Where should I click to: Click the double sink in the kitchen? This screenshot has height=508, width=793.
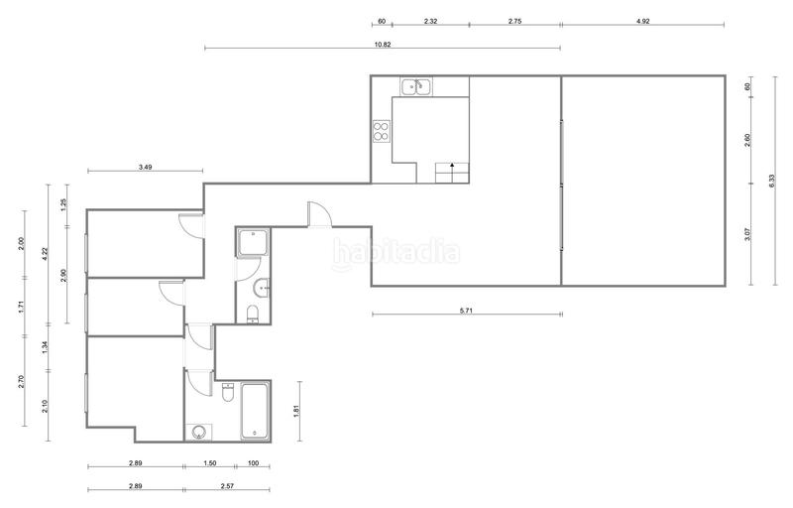[x=415, y=87]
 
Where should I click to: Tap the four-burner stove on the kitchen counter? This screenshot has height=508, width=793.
[x=382, y=131]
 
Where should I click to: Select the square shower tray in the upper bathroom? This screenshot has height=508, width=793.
[x=253, y=242]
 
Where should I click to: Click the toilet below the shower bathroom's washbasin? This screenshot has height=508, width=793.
[x=253, y=315]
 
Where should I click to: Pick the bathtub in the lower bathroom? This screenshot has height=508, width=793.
[x=255, y=411]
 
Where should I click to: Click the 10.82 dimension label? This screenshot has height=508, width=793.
[x=382, y=44]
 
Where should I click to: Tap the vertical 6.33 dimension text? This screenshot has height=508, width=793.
[x=772, y=181]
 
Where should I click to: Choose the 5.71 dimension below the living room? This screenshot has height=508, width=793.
[x=466, y=312]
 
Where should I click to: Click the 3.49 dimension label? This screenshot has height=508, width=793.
[x=145, y=167]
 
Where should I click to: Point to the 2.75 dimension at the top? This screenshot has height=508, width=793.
[x=514, y=20]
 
